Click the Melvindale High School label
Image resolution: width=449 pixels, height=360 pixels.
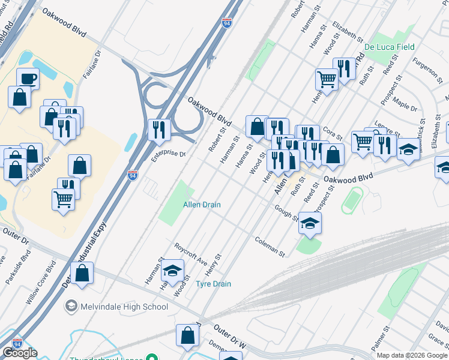click(124, 307)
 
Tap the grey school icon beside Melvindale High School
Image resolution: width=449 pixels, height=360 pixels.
click(72, 307)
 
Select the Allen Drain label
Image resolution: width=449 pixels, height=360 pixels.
click(202, 205)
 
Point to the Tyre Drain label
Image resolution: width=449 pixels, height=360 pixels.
click(214, 284)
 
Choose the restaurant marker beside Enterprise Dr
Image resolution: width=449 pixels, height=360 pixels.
click(159, 129)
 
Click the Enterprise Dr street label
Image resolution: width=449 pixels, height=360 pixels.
click(169, 153)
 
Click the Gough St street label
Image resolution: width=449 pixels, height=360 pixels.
click(287, 212)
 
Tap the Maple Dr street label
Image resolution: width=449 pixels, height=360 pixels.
click(405, 106)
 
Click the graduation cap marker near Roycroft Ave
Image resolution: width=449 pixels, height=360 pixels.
click(172, 271)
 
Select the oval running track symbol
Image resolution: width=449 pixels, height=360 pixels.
click(352, 200)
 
